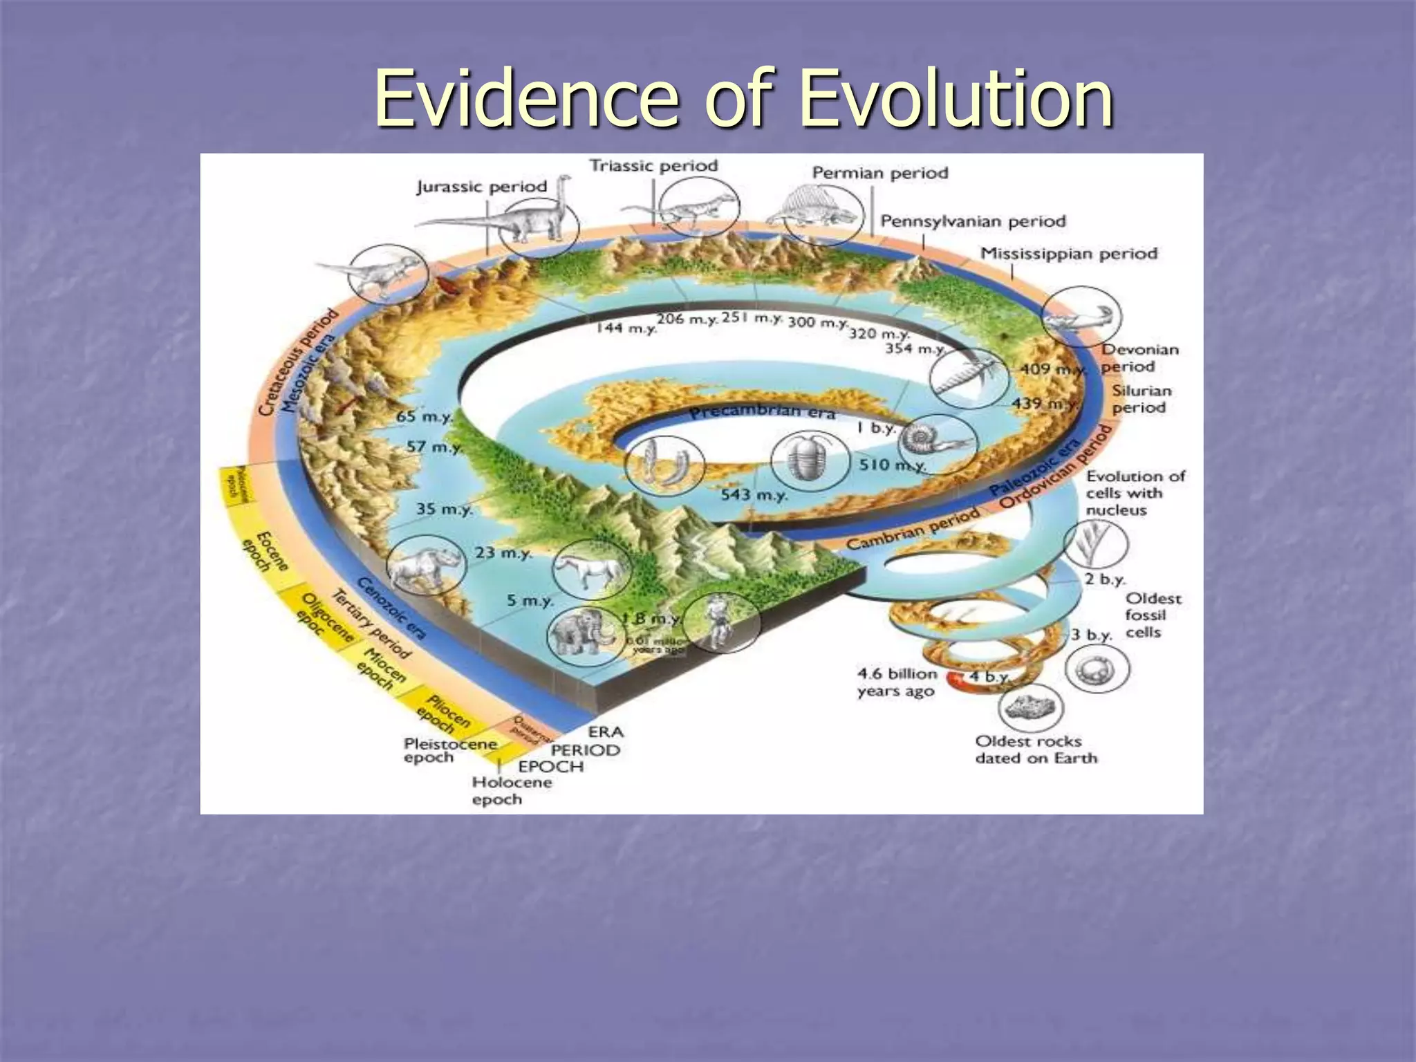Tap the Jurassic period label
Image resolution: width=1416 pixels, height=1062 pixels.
482,187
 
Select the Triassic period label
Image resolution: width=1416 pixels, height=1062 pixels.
653,166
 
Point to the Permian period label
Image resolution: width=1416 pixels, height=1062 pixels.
879,173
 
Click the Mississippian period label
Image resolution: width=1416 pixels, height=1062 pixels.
1068,254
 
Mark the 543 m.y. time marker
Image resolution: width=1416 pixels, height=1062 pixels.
754,495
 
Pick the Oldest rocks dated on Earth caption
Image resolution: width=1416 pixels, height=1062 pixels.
1036,749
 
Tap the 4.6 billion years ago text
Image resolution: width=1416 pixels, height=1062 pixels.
896,682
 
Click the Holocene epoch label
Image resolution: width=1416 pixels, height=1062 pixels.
512,791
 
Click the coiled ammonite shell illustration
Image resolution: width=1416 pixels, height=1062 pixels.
938,442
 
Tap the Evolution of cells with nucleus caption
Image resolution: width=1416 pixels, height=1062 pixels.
1135,493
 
